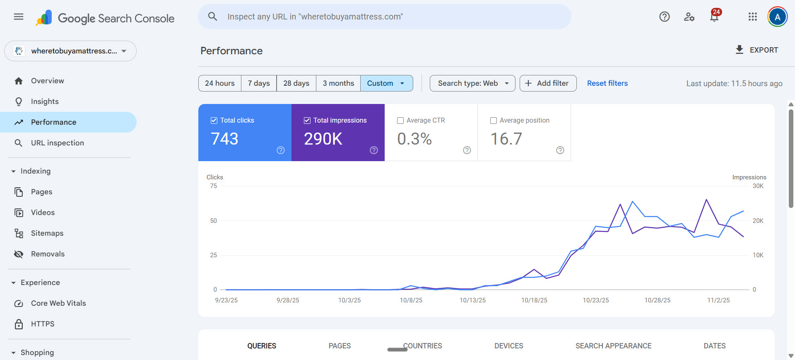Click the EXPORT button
click(x=757, y=50)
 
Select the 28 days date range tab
click(x=296, y=83)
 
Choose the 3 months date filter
click(x=338, y=83)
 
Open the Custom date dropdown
click(x=386, y=83)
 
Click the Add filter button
click(x=548, y=83)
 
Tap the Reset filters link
click(x=607, y=83)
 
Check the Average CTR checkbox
click(x=400, y=121)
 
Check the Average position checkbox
click(x=494, y=121)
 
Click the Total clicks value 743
click(x=224, y=139)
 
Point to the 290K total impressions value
click(x=323, y=139)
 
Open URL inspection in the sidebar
click(x=57, y=143)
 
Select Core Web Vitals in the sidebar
click(x=58, y=303)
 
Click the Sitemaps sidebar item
click(x=47, y=233)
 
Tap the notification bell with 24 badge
click(x=714, y=17)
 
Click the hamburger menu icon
click(x=19, y=17)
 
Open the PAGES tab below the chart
click(x=340, y=346)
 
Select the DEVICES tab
click(x=508, y=346)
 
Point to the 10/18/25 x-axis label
click(x=534, y=300)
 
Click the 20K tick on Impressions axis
click(x=758, y=221)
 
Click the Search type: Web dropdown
click(x=472, y=83)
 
